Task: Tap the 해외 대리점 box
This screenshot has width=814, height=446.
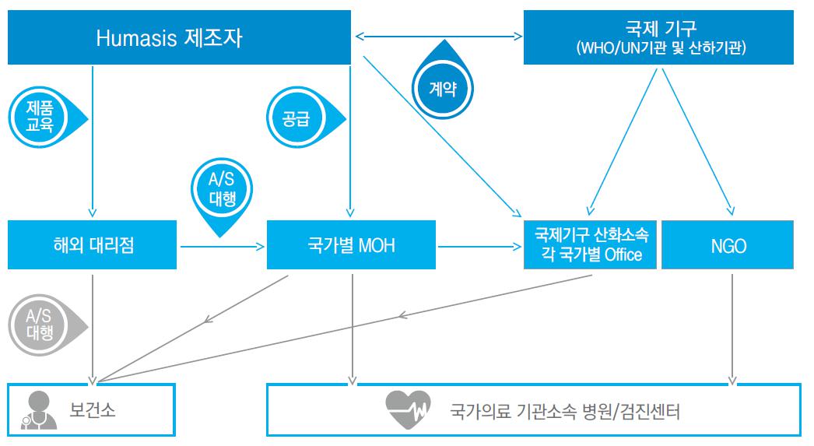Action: click(92, 245)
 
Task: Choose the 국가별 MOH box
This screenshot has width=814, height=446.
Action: click(351, 245)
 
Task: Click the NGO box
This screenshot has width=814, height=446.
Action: click(728, 245)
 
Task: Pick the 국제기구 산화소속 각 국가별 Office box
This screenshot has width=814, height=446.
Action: click(591, 244)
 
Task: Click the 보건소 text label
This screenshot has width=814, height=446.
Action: click(93, 410)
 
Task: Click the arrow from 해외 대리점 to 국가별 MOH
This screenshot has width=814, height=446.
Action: click(223, 246)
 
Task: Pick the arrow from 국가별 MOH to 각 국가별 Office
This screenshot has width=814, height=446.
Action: click(479, 246)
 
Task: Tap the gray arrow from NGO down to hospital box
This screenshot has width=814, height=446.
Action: click(732, 327)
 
